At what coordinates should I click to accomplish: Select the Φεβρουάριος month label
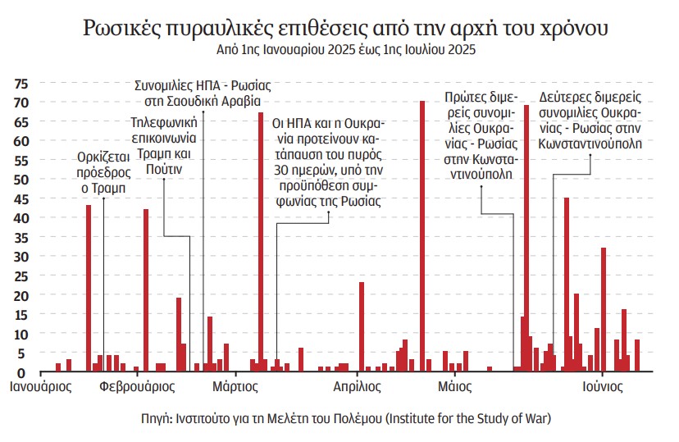click(135, 385)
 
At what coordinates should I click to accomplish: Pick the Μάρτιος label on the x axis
click(235, 385)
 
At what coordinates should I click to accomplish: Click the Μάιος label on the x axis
click(453, 385)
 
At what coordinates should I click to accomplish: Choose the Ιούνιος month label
click(605, 385)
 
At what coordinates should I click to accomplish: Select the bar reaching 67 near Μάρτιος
click(261, 242)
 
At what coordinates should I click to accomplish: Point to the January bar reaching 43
click(89, 288)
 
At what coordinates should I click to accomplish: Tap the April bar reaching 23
click(362, 326)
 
